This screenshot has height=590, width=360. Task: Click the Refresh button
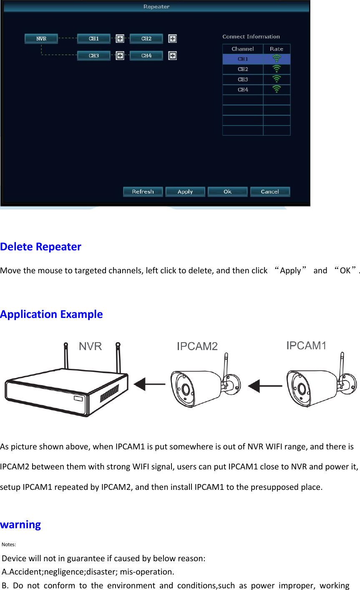pyautogui.click(x=143, y=192)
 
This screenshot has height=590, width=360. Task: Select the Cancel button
pyautogui.click(x=269, y=192)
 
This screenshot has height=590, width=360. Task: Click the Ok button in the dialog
pyautogui.click(x=227, y=192)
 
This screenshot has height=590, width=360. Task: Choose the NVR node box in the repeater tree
pyautogui.click(x=41, y=39)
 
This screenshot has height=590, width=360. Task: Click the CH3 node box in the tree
pyautogui.click(x=94, y=55)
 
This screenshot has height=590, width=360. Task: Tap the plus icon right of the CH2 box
pyautogui.click(x=172, y=39)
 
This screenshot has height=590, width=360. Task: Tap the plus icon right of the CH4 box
pyautogui.click(x=172, y=55)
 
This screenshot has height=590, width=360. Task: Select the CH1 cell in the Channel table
pyautogui.click(x=243, y=59)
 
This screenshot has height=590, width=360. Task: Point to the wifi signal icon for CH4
pyautogui.click(x=277, y=89)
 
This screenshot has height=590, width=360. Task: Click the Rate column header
pyautogui.click(x=277, y=49)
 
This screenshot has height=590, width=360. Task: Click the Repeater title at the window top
pyautogui.click(x=156, y=7)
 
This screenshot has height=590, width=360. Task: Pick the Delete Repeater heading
pyautogui.click(x=41, y=247)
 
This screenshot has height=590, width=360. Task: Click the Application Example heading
pyautogui.click(x=51, y=314)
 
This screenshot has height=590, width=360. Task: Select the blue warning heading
pyautogui.click(x=20, y=524)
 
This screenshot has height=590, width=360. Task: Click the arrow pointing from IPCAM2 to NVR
pyautogui.click(x=149, y=384)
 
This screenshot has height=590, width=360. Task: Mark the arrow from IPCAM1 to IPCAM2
pyautogui.click(x=265, y=386)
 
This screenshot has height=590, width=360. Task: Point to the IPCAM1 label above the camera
pyautogui.click(x=306, y=345)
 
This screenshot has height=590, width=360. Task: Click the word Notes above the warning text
pyautogui.click(x=9, y=545)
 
